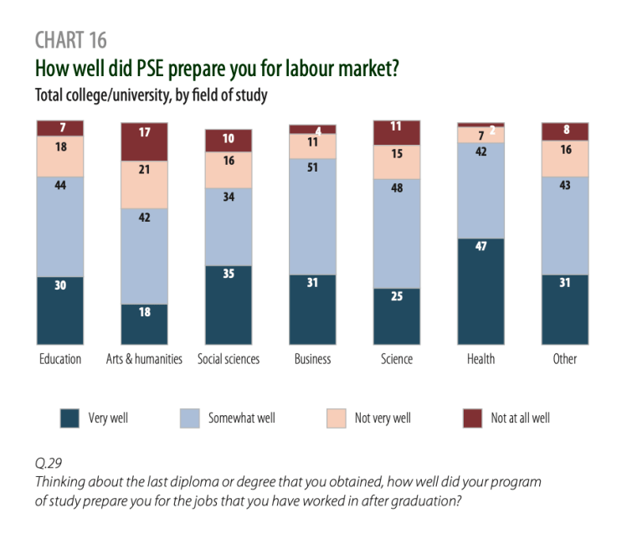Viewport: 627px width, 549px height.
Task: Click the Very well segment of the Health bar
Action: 481,291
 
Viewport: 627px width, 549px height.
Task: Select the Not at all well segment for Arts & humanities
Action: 145,141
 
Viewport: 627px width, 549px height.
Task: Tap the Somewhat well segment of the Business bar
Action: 312,216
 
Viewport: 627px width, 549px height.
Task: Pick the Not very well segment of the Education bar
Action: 60,156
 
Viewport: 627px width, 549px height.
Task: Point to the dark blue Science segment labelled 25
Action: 397,316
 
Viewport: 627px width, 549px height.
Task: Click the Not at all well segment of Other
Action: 565,131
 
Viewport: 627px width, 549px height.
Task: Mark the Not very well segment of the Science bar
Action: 397,162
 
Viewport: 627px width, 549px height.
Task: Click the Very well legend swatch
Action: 70,418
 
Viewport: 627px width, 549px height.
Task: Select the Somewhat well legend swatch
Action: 190,418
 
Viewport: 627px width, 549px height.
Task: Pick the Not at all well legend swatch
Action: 472,418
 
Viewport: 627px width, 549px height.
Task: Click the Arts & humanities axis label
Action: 145,359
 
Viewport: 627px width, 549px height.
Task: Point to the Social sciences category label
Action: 229,359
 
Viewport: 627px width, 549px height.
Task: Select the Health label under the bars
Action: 481,359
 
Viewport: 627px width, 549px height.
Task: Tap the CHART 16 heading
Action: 71,40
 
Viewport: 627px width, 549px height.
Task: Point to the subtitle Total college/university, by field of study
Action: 151,95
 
